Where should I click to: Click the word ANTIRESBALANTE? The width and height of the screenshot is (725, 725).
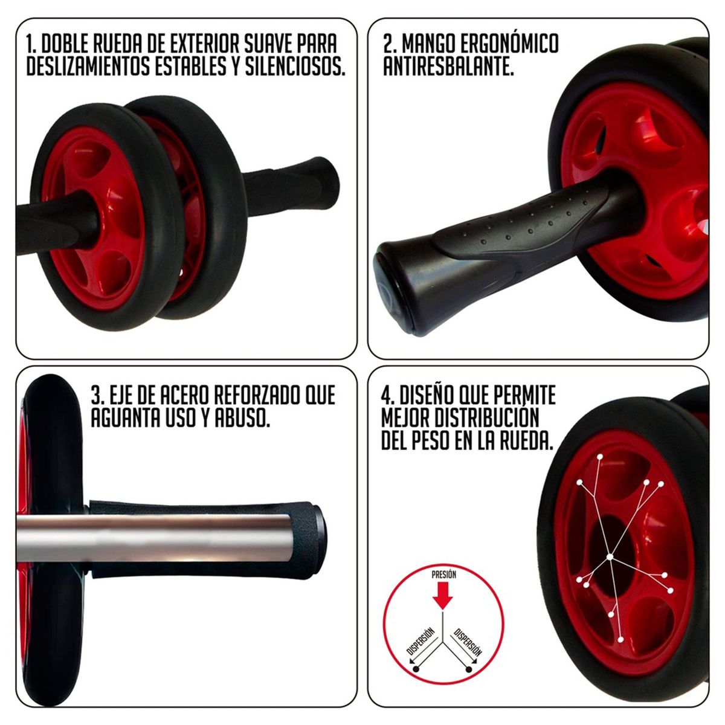448,67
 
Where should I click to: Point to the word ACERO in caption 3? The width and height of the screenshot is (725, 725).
185,396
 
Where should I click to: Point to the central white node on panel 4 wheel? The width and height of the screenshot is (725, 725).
610,556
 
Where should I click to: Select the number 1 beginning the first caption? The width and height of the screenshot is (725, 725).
31,45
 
